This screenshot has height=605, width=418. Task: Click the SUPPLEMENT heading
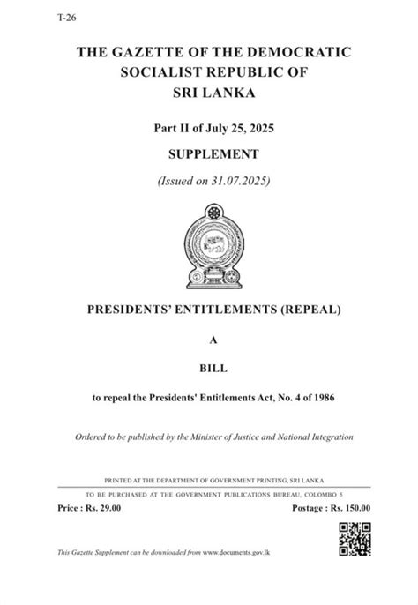pyautogui.click(x=209, y=154)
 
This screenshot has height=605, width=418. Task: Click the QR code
pyautogui.click(x=355, y=538)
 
